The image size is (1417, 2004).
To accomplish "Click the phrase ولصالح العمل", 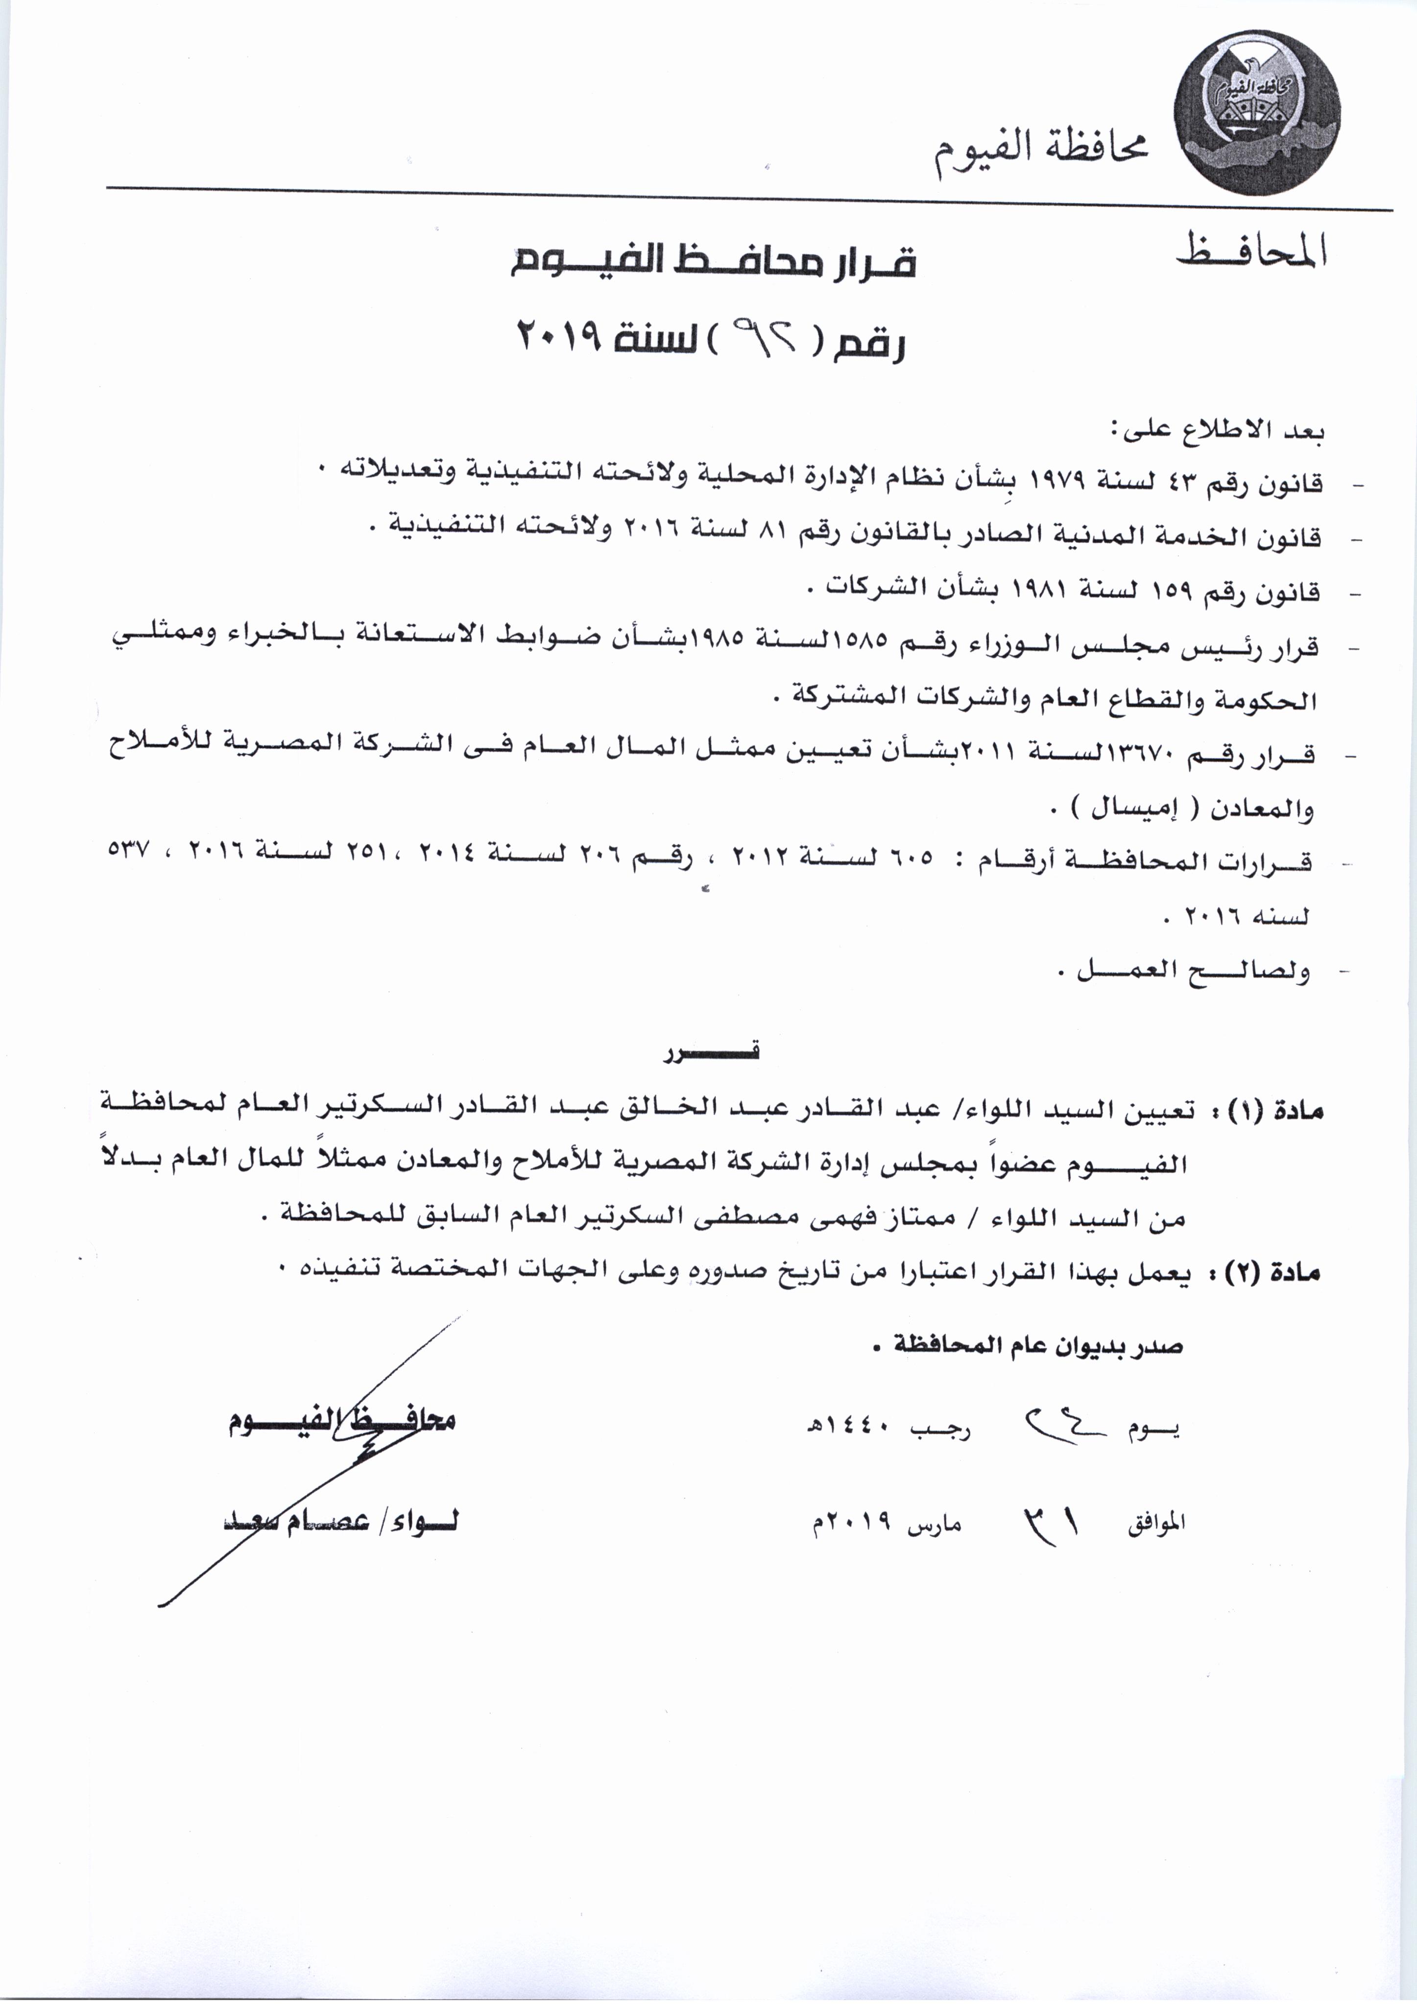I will coord(1194,972).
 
